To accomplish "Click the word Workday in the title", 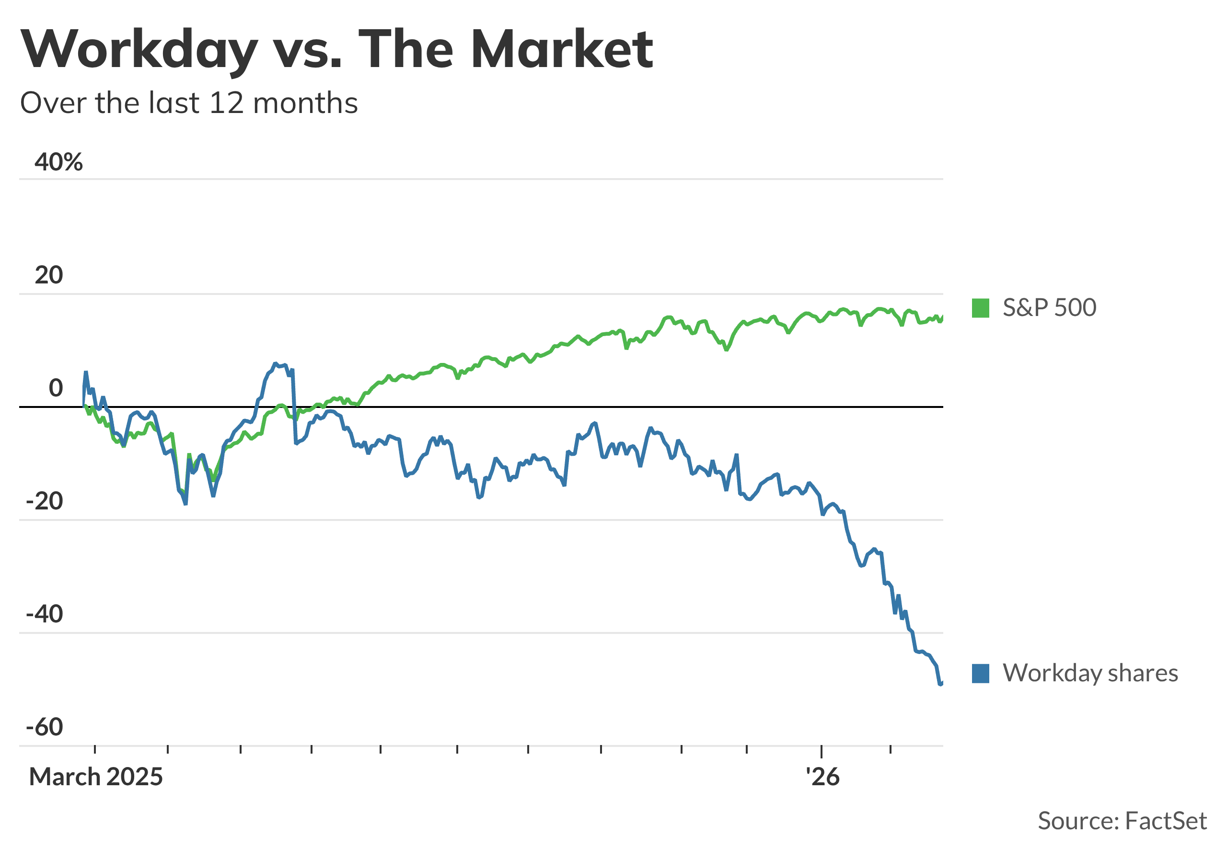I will pyautogui.click(x=139, y=50).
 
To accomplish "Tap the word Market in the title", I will pyautogui.click(x=562, y=50).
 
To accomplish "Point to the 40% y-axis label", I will pyautogui.click(x=59, y=162).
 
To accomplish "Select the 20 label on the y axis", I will pyautogui.click(x=48, y=275).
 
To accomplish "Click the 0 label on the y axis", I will pyautogui.click(x=56, y=388).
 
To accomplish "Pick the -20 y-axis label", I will pyautogui.click(x=45, y=501).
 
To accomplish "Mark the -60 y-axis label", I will pyautogui.click(x=45, y=727).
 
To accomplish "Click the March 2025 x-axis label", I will pyautogui.click(x=96, y=777).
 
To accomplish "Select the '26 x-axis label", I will pyautogui.click(x=822, y=777).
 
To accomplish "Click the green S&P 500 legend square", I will pyautogui.click(x=981, y=308).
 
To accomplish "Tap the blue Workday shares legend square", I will pyautogui.click(x=981, y=673).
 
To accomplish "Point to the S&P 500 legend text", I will pyautogui.click(x=1050, y=308).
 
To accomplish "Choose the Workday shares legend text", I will pyautogui.click(x=1090, y=673).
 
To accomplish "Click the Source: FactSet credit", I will pyautogui.click(x=1122, y=821).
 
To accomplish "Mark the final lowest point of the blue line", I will pyautogui.click(x=940, y=684).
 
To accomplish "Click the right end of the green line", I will pyautogui.click(x=943, y=317).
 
